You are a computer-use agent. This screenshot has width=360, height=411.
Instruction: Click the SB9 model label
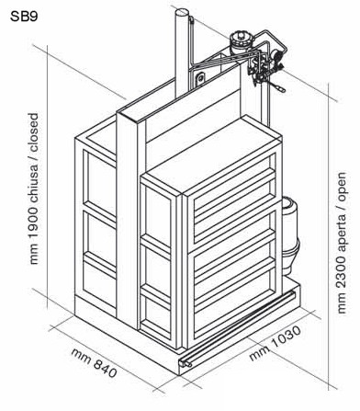coord(24,17)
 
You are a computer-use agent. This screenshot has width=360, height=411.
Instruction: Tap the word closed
coord(34,132)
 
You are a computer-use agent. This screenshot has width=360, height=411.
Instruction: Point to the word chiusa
coord(34,182)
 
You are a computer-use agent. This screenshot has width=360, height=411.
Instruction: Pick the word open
coord(342,186)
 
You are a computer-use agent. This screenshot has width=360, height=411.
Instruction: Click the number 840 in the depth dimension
coord(105,369)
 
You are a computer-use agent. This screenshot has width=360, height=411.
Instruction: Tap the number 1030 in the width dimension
coord(286,337)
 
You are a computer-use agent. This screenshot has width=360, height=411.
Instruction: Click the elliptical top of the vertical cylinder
coord(181,13)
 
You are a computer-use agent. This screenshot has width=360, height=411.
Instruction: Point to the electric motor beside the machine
coord(290,235)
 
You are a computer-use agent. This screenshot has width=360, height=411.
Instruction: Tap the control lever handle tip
coord(281,89)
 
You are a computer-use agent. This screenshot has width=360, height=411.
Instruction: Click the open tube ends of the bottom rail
coord(186,364)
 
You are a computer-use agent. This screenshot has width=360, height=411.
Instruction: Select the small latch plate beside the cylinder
coord(200,78)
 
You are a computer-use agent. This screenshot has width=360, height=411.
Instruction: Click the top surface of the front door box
coord(211,154)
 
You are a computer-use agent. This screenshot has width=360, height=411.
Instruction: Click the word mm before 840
coord(81,356)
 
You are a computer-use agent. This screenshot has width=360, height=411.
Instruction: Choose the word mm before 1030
coord(259,353)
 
